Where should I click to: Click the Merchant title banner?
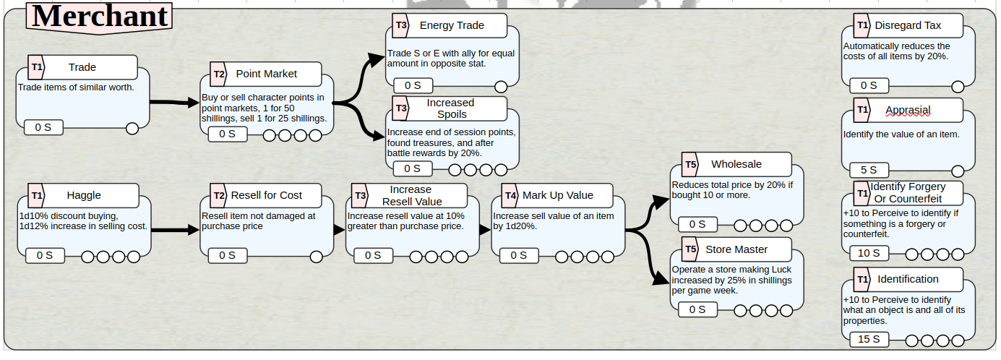tap(99, 17)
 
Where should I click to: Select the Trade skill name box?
tap(82, 67)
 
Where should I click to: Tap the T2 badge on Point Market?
tap(218, 74)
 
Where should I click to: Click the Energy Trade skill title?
tap(452, 25)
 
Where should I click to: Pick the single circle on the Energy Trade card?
tap(501, 86)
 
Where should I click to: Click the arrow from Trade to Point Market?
tap(174, 103)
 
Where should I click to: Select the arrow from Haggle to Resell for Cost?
tap(175, 230)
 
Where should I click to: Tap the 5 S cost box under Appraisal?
tap(869, 170)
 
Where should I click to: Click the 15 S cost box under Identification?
tap(869, 340)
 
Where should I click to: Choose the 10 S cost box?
tap(869, 253)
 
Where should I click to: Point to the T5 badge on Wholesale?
tap(690, 165)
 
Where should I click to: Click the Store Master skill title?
tap(736, 249)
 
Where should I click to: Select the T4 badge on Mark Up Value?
tap(510, 195)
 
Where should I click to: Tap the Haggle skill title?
tap(84, 195)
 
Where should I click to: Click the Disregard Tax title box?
tap(908, 25)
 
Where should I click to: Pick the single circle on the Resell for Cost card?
tap(316, 257)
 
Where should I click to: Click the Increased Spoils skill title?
tap(451, 108)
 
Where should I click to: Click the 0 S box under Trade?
tap(43, 127)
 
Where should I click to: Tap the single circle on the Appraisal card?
tap(958, 171)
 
